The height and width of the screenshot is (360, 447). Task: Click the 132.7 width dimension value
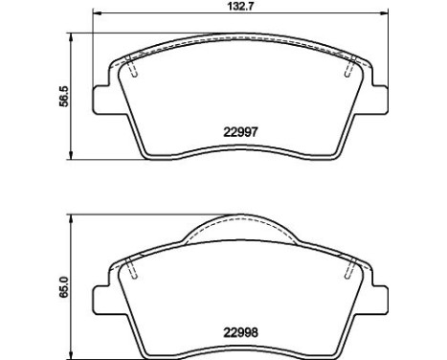point(241,7)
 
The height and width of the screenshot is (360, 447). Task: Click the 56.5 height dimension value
point(64,97)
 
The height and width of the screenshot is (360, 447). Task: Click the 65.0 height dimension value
point(64,287)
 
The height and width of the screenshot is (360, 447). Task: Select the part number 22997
point(240,132)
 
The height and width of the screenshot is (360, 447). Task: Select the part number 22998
point(240,333)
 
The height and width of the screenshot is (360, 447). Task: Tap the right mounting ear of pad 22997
point(379,99)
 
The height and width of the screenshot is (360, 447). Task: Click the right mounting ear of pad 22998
point(379,300)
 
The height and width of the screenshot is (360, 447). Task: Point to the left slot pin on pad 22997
point(131,66)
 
